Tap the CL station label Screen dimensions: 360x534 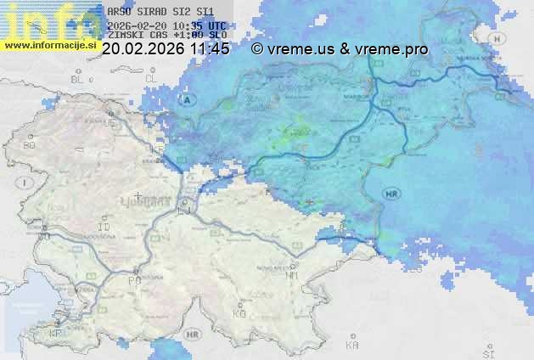[152, 78]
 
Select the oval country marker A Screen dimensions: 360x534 [188, 100]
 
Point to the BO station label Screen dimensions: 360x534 [29, 146]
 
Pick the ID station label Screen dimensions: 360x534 [104, 228]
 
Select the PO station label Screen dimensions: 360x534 [133, 280]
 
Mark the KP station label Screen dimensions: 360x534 [56, 334]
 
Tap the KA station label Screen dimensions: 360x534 [352, 346]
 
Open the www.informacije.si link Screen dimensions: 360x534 [49, 44]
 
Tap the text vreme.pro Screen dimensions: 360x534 [395, 49]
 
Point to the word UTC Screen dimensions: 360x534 [216, 26]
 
